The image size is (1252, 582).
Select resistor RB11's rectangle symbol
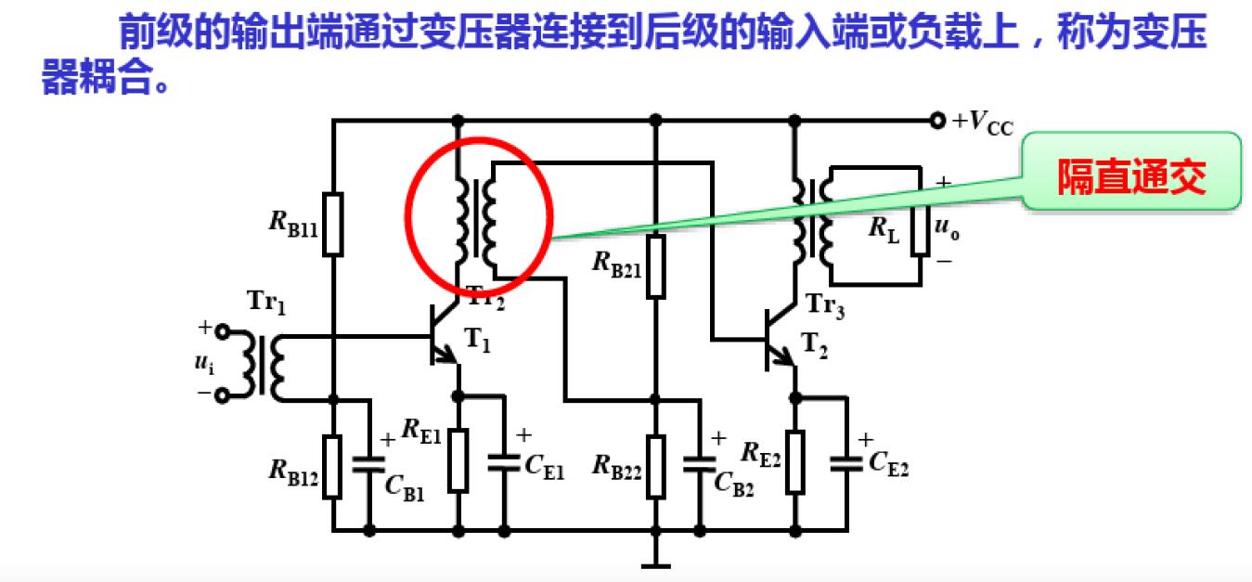(x=333, y=223)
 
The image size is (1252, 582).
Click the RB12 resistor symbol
(x=333, y=465)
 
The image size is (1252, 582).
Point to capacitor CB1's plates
(x=369, y=461)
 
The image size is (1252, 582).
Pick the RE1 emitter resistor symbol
(x=458, y=459)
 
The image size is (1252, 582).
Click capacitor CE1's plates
(x=504, y=460)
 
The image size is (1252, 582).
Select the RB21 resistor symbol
(x=656, y=265)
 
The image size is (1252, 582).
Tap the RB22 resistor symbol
(x=656, y=465)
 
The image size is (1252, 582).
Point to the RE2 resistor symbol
(x=794, y=461)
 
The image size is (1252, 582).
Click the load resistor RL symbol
(x=919, y=224)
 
